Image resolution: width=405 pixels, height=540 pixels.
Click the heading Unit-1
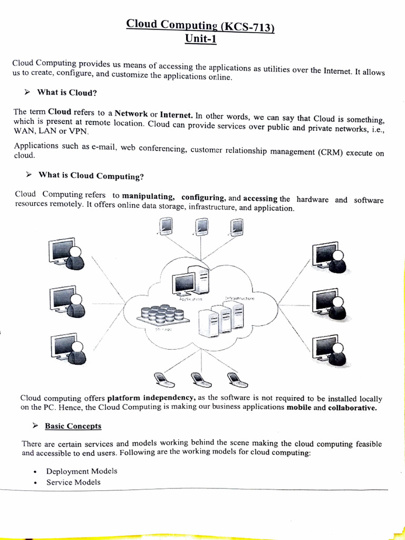click(x=200, y=40)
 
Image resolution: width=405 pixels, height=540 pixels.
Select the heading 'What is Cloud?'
click(x=67, y=93)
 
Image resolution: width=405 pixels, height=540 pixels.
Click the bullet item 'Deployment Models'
click(x=82, y=471)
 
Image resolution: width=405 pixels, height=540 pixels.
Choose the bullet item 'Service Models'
click(x=73, y=482)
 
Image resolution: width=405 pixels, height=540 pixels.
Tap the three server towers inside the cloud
click(x=221, y=320)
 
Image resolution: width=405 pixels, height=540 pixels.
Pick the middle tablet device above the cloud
click(x=201, y=227)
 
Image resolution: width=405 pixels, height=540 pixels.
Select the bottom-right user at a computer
click(x=329, y=350)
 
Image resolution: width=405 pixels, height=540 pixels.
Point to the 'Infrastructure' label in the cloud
click(x=240, y=298)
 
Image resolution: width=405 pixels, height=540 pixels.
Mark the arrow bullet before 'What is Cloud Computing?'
click(x=29, y=175)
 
